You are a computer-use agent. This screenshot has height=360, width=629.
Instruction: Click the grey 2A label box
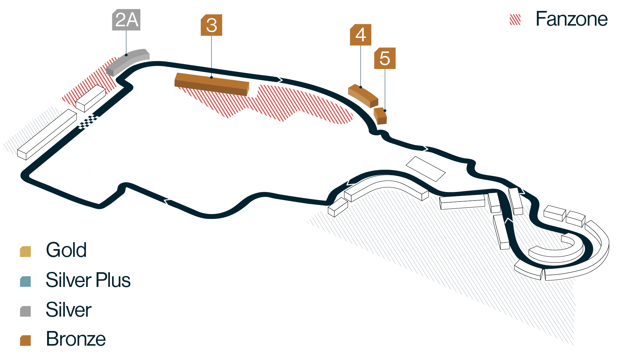pos(126,20)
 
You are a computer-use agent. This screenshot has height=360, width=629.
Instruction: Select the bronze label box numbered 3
pos(212,25)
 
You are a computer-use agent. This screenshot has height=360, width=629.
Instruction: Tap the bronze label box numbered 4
pos(360,35)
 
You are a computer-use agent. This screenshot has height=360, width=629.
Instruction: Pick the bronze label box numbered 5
pos(385,58)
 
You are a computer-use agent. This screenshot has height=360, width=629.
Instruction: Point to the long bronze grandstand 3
pos(212,84)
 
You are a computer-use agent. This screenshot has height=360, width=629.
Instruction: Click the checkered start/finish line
pos(88,122)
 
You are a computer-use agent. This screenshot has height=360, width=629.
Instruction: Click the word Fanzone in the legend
pos(572,19)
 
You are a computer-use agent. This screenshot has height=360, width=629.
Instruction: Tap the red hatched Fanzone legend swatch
pos(515,20)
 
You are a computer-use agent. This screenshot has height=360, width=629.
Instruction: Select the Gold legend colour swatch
pos(26,251)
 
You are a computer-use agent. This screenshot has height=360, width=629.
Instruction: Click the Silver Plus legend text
pos(88,280)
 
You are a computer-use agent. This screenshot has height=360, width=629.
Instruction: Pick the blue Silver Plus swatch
pos(26,281)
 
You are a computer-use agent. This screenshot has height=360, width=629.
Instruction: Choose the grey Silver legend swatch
pos(26,311)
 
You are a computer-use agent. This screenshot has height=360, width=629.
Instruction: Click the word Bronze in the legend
pos(76,339)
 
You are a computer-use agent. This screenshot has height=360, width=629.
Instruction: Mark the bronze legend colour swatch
pos(26,341)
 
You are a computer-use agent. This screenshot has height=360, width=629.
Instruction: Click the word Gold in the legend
pos(66,250)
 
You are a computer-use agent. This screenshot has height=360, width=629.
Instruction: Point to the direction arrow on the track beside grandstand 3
pos(279,80)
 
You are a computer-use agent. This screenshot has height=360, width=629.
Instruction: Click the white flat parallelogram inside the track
pos(425,169)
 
